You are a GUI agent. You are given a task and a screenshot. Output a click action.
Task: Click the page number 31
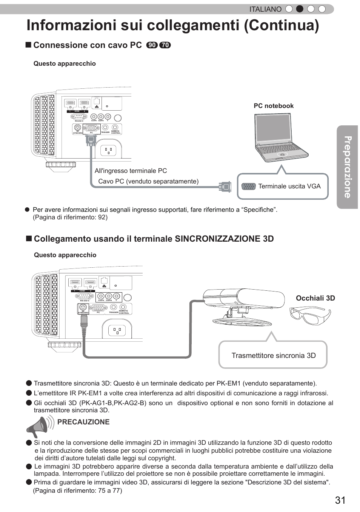click(340, 500)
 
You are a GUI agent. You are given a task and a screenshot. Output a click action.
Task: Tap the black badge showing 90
click(152, 45)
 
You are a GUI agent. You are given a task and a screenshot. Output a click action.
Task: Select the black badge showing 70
click(165, 45)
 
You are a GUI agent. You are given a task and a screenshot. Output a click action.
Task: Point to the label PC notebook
click(274, 106)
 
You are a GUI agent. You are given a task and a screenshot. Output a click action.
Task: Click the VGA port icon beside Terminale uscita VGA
click(248, 186)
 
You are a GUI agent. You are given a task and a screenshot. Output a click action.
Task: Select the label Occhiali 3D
click(315, 298)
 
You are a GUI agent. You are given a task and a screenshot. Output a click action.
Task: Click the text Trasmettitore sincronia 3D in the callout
click(274, 355)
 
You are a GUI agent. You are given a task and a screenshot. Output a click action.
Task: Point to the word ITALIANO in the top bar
click(265, 9)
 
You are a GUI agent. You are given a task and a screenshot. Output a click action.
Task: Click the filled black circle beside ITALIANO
click(300, 9)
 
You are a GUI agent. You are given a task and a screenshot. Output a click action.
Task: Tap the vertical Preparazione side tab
click(347, 167)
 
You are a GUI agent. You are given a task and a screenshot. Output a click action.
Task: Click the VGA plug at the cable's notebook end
click(225, 187)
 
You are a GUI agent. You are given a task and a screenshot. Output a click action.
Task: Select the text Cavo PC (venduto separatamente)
click(148, 181)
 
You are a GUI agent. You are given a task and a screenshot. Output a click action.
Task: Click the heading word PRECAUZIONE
click(83, 422)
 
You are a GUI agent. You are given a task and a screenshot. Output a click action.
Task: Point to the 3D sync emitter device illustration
click(243, 306)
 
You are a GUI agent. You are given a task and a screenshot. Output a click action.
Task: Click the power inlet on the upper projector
click(108, 151)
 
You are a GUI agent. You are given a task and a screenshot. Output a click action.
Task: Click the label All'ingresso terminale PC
click(131, 171)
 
